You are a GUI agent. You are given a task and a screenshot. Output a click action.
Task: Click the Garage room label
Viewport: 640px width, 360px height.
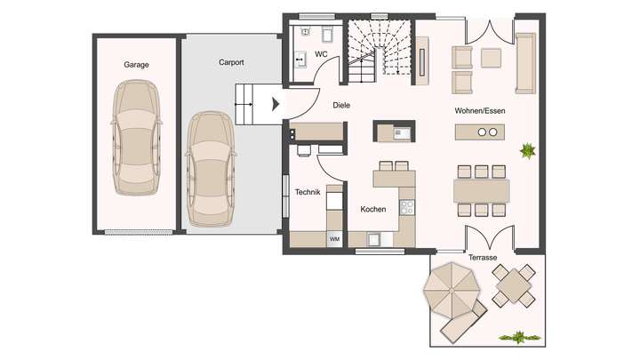click(x=136, y=65)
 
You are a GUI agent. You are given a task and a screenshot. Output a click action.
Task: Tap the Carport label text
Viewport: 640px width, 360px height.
click(x=231, y=63)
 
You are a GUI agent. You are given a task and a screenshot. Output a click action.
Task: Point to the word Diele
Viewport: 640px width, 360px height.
click(x=341, y=105)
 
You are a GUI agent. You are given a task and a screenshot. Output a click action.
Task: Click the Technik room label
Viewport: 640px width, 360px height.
click(x=307, y=192)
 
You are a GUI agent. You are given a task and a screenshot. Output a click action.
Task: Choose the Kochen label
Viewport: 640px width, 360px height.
click(x=372, y=210)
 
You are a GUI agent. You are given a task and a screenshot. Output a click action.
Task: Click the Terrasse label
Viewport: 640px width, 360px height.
click(x=484, y=257)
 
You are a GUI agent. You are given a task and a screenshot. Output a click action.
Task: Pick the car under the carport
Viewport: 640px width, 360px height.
click(x=211, y=167)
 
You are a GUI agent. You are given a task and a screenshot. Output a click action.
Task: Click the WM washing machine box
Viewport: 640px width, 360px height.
click(x=334, y=239)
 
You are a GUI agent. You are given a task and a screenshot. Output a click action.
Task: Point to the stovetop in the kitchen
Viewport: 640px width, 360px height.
click(x=407, y=207)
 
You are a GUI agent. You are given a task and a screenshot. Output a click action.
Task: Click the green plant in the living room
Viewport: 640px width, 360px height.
click(x=527, y=149)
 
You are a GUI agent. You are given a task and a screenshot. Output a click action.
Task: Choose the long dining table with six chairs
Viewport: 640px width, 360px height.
click(x=482, y=190)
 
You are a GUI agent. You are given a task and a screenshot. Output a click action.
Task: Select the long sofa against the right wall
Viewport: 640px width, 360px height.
click(x=525, y=62)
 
